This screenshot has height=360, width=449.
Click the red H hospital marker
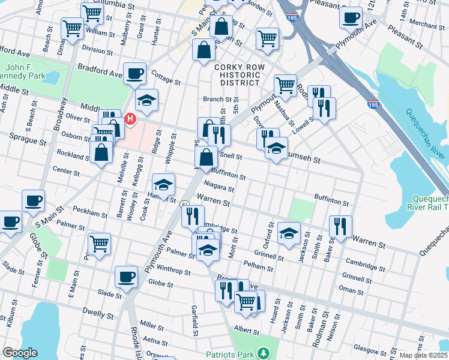[129, 120]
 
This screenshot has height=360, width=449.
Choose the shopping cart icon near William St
[72, 27]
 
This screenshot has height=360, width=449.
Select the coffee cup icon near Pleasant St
[350, 17]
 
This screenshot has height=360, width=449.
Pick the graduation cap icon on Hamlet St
[163, 184]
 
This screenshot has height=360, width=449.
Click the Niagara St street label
[218, 186]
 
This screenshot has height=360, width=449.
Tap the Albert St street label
[247, 331]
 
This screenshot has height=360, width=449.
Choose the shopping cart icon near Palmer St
[99, 244]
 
